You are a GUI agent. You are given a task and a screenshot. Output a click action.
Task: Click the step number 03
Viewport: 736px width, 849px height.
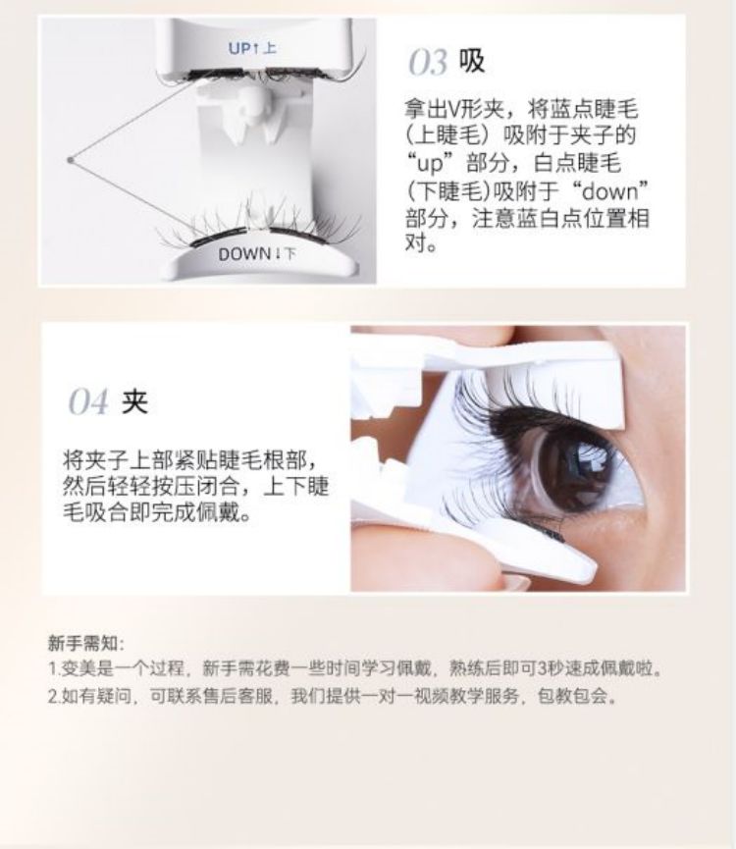pos(428,62)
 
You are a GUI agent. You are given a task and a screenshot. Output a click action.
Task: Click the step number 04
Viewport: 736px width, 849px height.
pos(88,401)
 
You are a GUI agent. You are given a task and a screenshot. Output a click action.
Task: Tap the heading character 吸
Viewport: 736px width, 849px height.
pos(471,61)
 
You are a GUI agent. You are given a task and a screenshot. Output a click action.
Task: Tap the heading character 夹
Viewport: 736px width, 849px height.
pos(134,401)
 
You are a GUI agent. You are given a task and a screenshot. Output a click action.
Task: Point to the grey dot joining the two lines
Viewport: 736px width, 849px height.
pos(70,160)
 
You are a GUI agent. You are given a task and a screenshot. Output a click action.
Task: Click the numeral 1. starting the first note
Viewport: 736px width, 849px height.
pos(54,669)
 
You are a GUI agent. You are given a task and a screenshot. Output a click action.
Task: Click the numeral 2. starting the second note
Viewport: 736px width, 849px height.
pos(55,696)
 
